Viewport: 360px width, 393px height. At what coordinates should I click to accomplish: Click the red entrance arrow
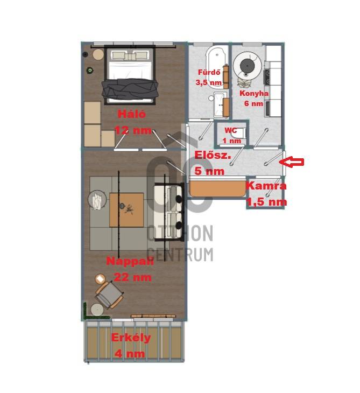(291, 162)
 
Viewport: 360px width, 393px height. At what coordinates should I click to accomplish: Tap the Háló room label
(131, 114)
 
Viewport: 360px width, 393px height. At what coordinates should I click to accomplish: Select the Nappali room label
(130, 261)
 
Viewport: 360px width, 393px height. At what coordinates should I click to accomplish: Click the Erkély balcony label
(131, 338)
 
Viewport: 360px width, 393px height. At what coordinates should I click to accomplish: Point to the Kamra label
(266, 186)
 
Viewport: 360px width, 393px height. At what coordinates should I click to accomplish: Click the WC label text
(230, 130)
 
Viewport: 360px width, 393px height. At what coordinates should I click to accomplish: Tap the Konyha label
(254, 93)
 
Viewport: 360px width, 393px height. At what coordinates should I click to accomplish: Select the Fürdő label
(209, 72)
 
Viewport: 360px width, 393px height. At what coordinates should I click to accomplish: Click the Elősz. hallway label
(213, 155)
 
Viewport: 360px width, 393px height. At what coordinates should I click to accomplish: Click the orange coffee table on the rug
(126, 210)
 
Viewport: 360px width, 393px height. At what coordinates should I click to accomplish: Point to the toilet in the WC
(238, 133)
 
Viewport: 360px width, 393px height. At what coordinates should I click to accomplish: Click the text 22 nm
(133, 277)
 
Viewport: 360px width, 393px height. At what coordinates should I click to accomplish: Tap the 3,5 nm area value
(209, 82)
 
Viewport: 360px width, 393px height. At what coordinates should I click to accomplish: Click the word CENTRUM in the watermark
(180, 254)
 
